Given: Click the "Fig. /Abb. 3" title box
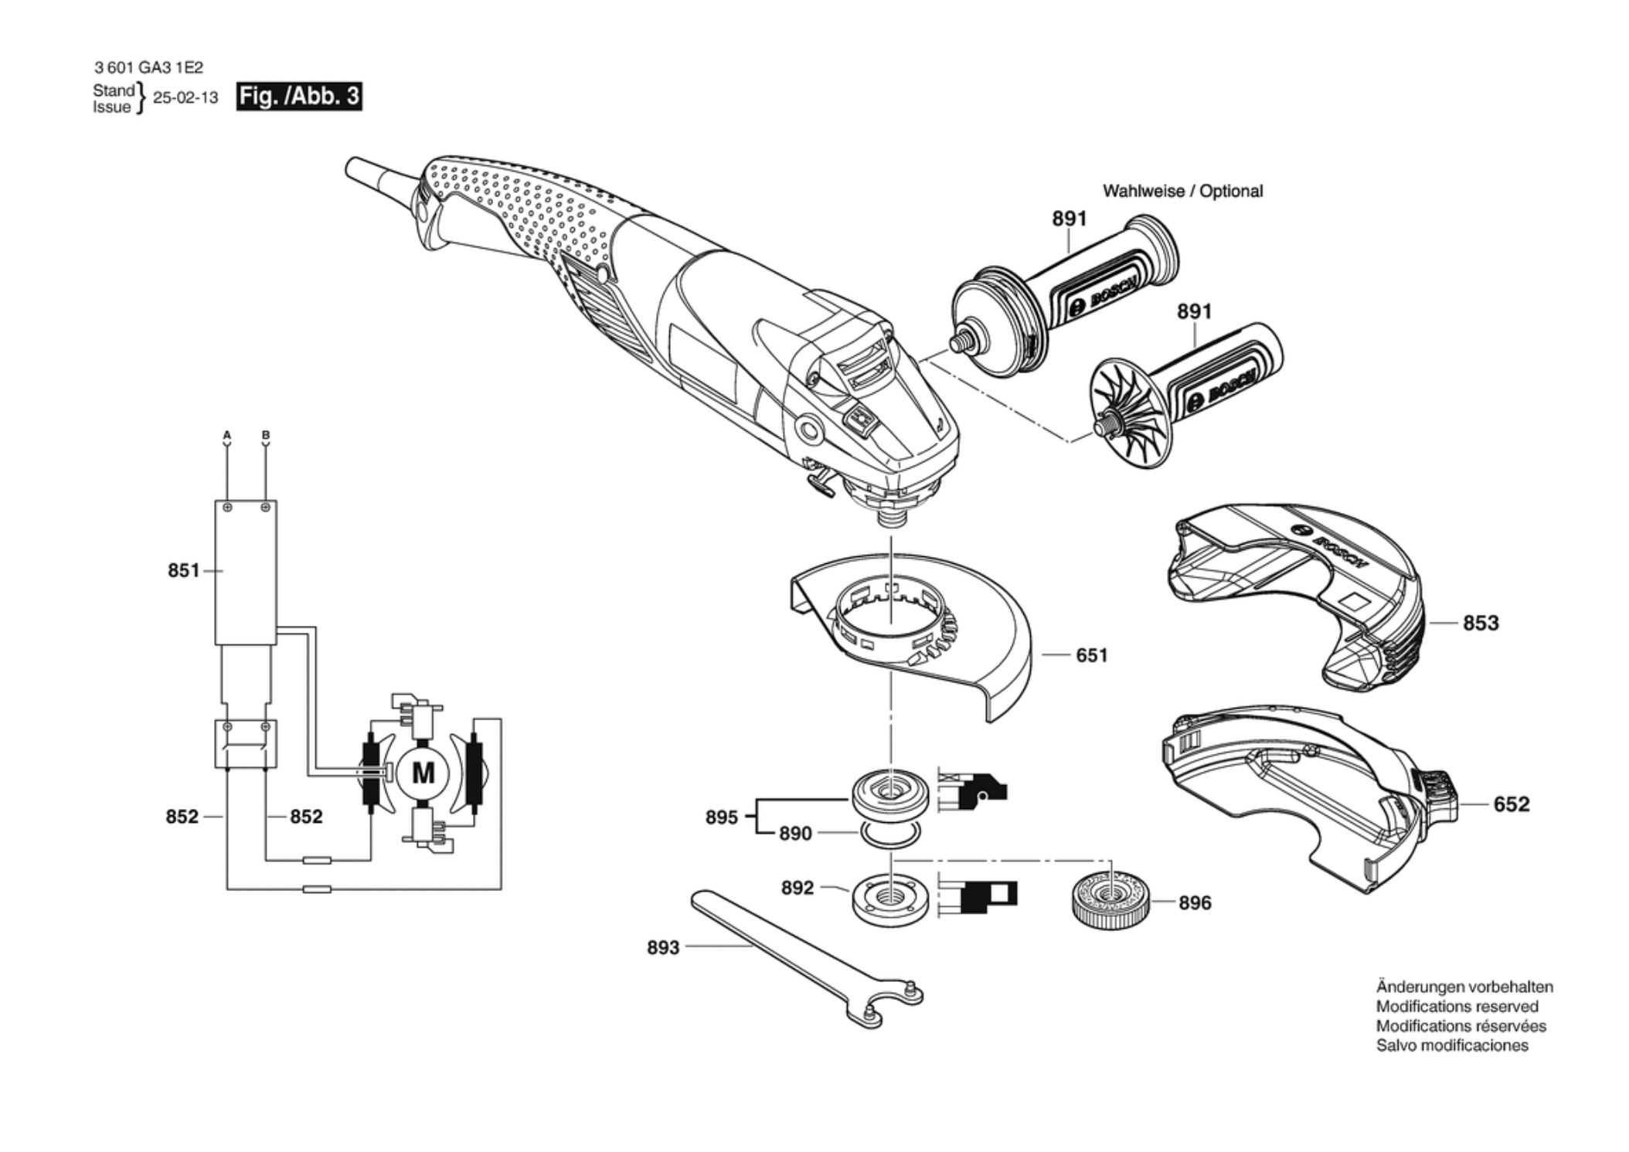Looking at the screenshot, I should coord(299,97).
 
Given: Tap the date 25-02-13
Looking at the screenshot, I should coord(185,98).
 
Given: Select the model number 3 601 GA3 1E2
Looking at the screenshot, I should coord(148,68).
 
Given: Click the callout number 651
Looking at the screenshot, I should coord(1091,655).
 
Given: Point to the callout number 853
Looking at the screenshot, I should coord(1480,623).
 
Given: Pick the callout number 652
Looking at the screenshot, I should coord(1511,804).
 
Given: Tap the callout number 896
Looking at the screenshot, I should coord(1194,902).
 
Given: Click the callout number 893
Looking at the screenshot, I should coord(662,947).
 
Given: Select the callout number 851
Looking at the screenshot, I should coord(183,570).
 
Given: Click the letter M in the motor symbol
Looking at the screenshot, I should coord(423,773).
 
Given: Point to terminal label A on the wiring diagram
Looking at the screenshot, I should coord(227,436).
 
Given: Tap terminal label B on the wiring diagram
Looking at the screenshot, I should coord(266,436).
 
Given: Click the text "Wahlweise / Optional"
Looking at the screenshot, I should coord(1182,191).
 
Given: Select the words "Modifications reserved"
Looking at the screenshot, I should coord(1457,1007).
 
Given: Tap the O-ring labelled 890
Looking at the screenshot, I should coord(890,833).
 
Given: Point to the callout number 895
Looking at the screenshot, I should coord(721,817).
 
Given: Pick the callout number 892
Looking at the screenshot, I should coord(797,888).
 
